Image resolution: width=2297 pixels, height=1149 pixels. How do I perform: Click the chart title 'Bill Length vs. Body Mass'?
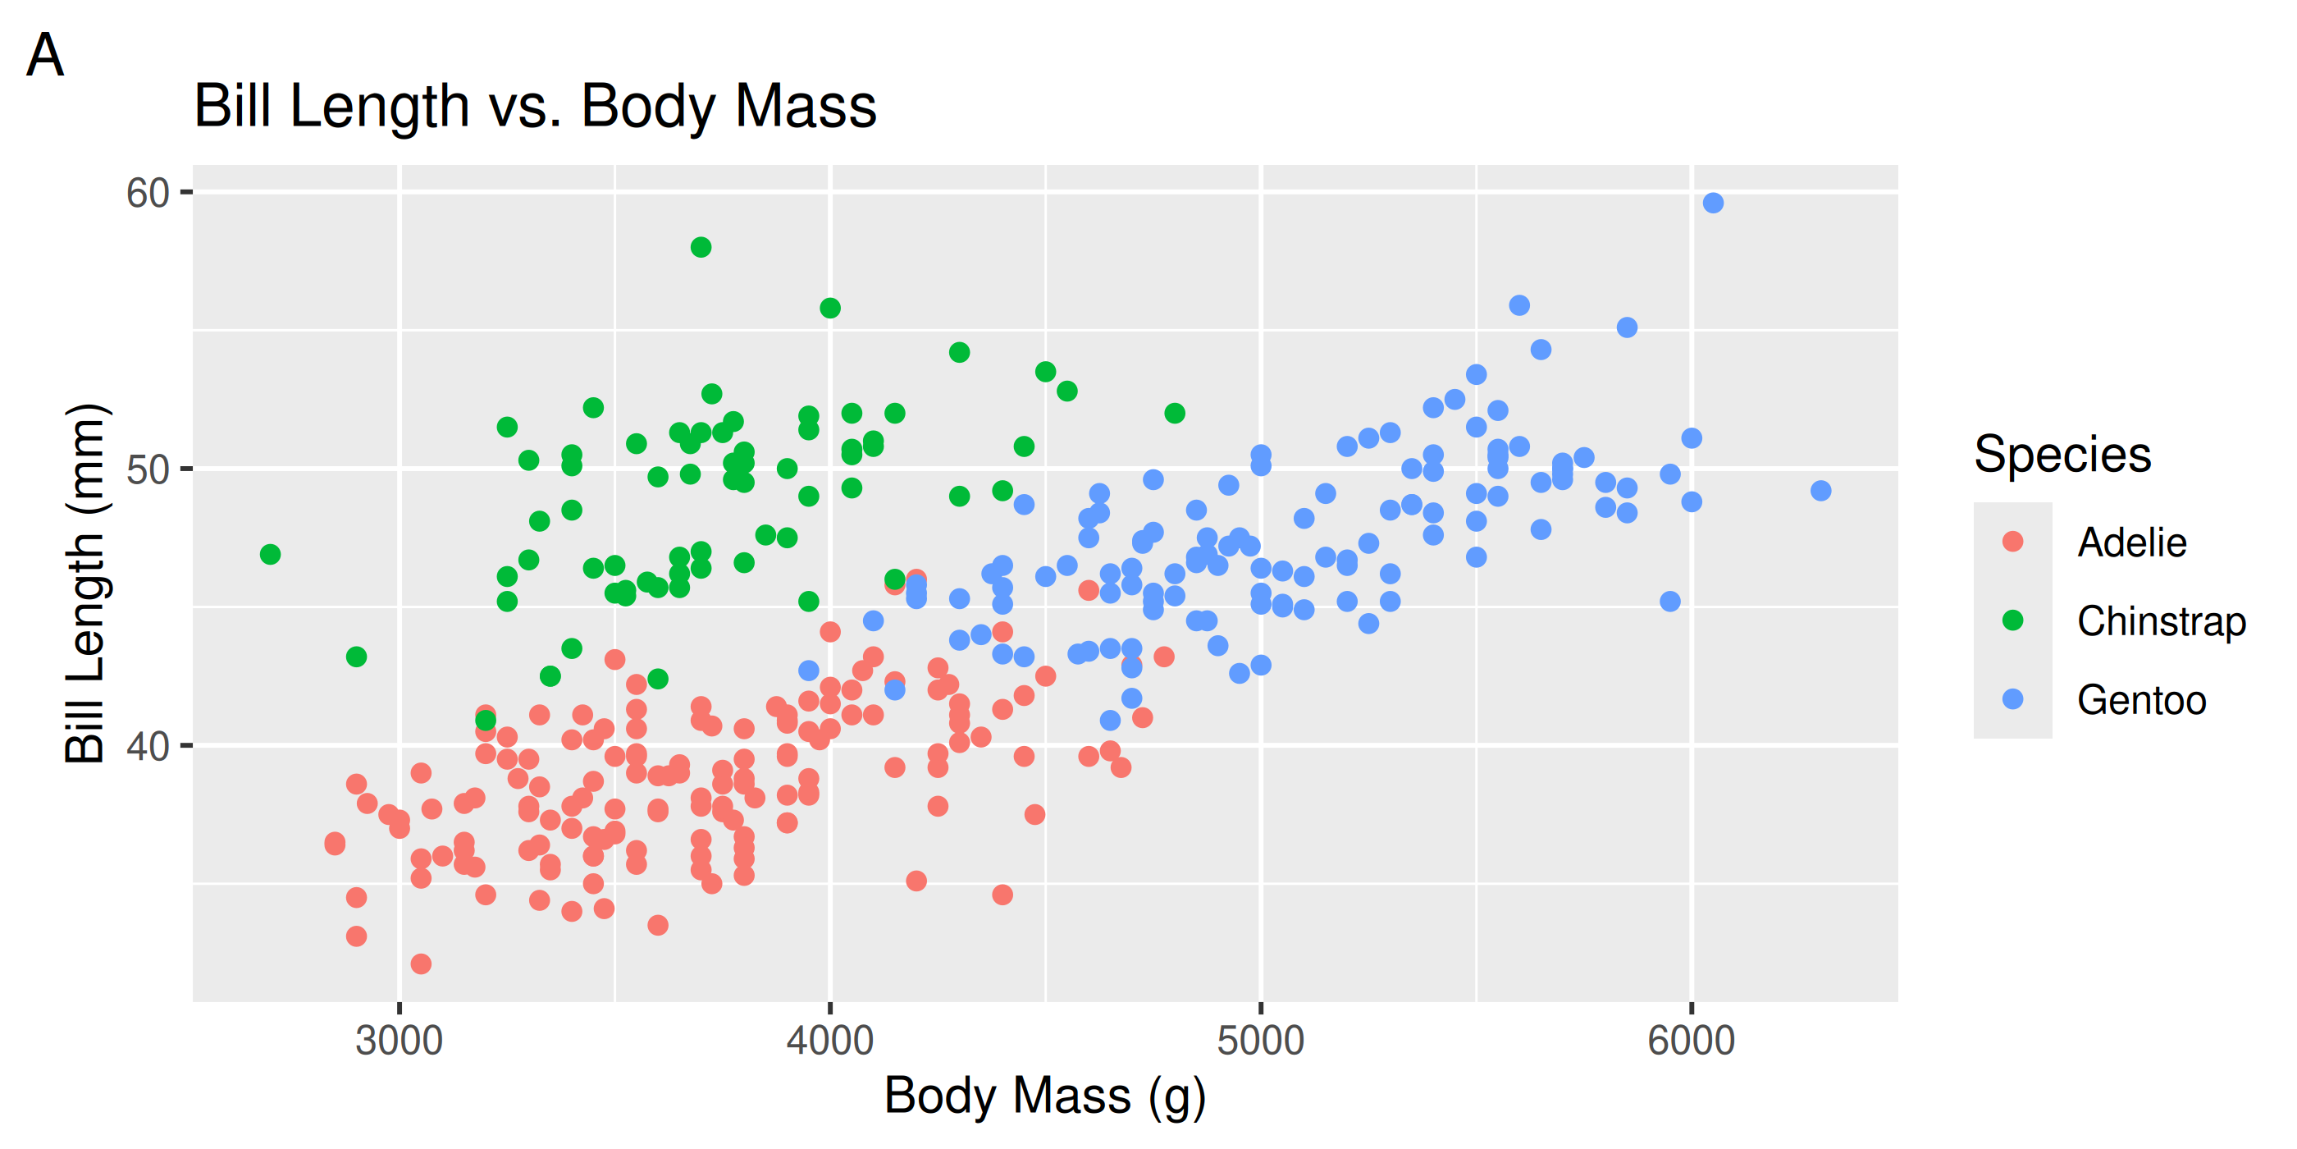pyautogui.click(x=535, y=106)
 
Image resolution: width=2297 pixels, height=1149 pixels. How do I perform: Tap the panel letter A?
pyautogui.click(x=44, y=55)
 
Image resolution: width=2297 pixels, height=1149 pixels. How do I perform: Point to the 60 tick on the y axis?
pyautogui.click(x=148, y=193)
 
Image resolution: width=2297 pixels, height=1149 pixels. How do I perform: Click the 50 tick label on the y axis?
pyautogui.click(x=148, y=469)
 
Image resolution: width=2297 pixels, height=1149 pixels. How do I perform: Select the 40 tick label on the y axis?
pyautogui.click(x=148, y=746)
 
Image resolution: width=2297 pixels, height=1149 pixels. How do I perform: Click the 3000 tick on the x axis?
pyautogui.click(x=399, y=1041)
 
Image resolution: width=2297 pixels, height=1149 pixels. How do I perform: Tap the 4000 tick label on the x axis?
pyautogui.click(x=829, y=1041)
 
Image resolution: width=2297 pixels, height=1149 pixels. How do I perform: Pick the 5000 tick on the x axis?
pyautogui.click(x=1260, y=1041)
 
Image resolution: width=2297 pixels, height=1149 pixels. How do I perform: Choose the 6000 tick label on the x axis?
pyautogui.click(x=1691, y=1041)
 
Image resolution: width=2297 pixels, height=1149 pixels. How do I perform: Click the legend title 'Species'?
pyautogui.click(x=2062, y=454)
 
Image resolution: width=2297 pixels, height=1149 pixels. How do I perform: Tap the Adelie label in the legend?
pyautogui.click(x=2131, y=542)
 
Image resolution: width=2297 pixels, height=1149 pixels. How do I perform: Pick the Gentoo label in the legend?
pyautogui.click(x=2141, y=700)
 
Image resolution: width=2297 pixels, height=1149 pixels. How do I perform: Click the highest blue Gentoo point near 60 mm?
pyautogui.click(x=1713, y=204)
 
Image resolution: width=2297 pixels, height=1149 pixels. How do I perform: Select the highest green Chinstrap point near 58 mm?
pyautogui.click(x=701, y=247)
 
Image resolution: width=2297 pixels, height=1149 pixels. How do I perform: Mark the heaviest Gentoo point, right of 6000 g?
pyautogui.click(x=1821, y=491)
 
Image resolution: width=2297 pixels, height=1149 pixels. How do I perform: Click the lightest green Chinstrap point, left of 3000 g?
pyautogui.click(x=270, y=555)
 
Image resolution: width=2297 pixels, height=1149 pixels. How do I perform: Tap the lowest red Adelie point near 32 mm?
pyautogui.click(x=421, y=964)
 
